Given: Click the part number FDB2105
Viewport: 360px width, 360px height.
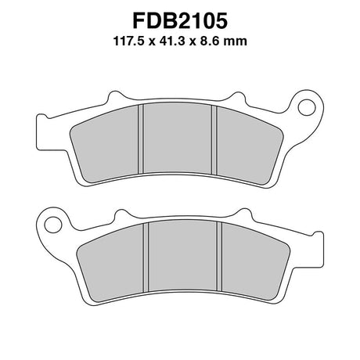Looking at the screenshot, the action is coord(180,21).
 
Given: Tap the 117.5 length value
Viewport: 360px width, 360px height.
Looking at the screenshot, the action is coord(129,41).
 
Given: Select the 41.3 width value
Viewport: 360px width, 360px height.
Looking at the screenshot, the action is coord(172,41).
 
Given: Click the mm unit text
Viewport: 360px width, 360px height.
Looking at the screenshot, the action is coord(236,42).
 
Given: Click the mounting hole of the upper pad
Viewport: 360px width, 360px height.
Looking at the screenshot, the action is coord(307,107).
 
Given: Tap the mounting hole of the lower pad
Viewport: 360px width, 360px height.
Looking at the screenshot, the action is coord(53,225).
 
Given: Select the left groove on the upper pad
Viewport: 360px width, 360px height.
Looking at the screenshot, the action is coord(141,139).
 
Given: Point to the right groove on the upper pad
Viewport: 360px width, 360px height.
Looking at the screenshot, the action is coord(214,140).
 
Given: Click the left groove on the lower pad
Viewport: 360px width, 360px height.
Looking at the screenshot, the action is coord(146,257).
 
